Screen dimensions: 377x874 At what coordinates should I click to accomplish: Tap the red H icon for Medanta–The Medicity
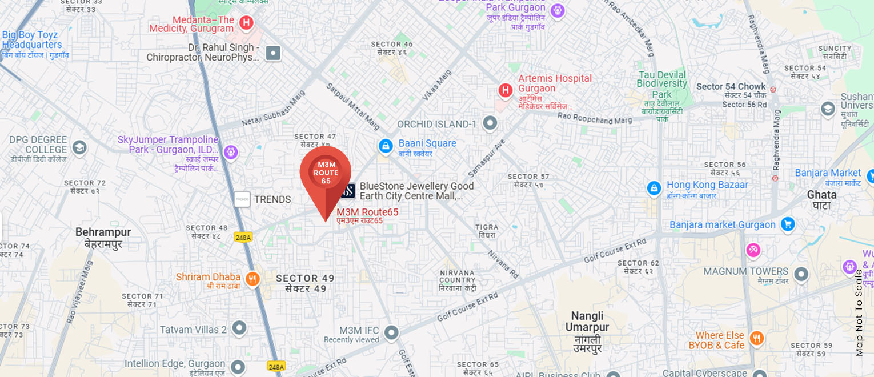246,22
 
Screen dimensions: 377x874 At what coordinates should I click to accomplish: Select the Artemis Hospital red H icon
505,90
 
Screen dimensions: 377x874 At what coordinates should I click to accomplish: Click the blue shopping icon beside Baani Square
386,146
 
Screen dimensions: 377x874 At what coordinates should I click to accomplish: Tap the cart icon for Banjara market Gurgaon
788,224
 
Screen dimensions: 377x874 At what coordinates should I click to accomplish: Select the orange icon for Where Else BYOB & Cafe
756,338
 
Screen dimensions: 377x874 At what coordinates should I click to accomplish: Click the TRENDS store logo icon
242,199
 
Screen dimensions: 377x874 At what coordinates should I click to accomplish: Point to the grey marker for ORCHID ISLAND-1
490,123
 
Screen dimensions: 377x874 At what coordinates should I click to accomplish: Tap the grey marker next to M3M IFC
391,332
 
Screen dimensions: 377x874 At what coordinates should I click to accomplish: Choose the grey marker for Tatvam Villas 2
239,328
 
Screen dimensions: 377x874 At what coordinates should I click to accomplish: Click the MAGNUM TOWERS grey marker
801,274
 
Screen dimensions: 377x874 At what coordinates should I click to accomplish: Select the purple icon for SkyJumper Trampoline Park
231,152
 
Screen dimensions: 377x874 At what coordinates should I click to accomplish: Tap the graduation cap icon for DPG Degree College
79,148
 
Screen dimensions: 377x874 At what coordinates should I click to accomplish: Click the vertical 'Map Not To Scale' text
859,312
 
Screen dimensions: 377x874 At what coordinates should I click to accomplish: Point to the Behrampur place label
103,238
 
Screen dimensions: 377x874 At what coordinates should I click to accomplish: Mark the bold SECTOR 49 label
305,283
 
